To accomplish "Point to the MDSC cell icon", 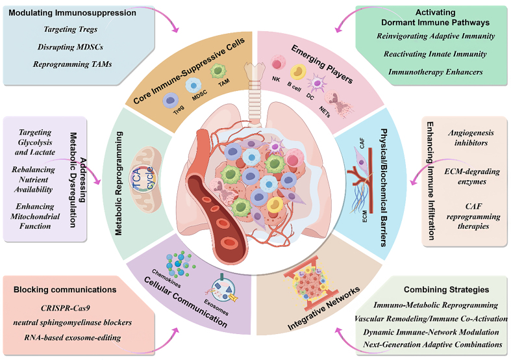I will click(x=194, y=86).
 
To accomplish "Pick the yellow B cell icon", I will click(x=298, y=73).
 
